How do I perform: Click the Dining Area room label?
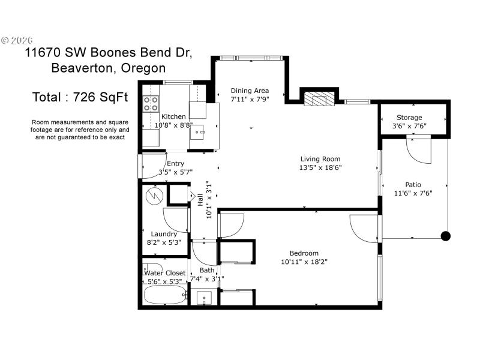tap(250, 91)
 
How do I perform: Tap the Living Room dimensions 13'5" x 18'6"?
tap(322, 167)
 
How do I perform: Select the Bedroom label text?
tap(304, 253)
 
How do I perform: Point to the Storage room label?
tap(409, 118)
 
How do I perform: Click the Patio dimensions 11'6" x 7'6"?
tap(413, 193)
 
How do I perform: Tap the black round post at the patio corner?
tap(445, 236)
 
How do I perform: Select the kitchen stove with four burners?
tap(150, 103)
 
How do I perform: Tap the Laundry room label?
tap(164, 234)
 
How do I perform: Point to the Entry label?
tap(175, 163)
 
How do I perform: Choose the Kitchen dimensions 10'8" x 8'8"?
tap(173, 125)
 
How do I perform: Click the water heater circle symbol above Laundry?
tap(155, 195)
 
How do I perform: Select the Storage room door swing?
tap(419, 150)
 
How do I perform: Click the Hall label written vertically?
tap(200, 199)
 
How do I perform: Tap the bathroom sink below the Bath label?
tap(204, 298)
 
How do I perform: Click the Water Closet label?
tap(165, 273)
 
